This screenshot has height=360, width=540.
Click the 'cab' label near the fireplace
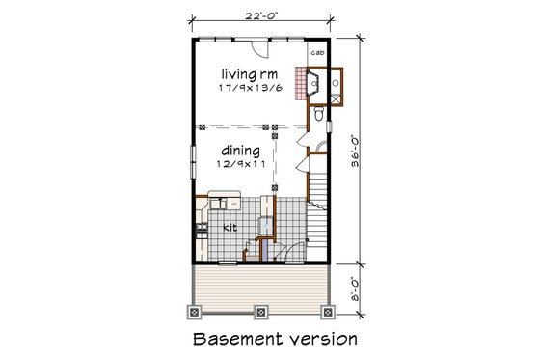click(x=317, y=54)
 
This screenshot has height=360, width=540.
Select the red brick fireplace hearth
click(x=306, y=86)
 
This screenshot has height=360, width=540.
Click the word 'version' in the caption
click(x=323, y=340)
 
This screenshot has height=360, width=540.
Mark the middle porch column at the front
click(x=260, y=311)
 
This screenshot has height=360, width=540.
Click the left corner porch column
click(x=191, y=311)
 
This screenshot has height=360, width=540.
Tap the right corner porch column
click(x=330, y=311)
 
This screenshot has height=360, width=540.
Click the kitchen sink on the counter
click(x=219, y=204)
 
